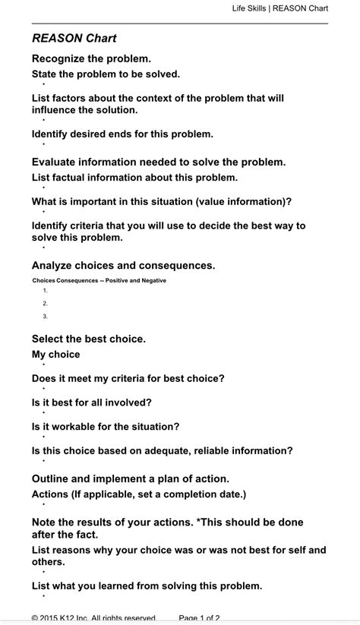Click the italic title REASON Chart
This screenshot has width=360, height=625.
74,38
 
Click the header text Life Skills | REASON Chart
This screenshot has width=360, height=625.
280,8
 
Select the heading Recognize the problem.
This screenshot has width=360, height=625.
91,58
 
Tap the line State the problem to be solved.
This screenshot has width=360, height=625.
106,74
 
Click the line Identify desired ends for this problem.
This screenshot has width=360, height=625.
122,134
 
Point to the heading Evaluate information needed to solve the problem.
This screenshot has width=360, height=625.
159,162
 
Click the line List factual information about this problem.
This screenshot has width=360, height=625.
134,177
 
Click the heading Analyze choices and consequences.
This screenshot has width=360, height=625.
123,265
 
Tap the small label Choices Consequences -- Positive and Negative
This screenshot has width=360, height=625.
99,280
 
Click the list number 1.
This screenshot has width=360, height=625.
46,291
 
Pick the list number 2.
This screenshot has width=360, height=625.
46,304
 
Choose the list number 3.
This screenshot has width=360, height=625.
46,316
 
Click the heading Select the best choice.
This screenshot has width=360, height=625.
88,339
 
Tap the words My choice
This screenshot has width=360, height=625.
55,354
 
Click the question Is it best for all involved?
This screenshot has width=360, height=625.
91,402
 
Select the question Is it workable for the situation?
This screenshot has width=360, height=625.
106,426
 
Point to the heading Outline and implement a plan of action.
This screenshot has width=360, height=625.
130,478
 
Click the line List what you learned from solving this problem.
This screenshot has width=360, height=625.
147,586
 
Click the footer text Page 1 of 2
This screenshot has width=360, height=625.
199,618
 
